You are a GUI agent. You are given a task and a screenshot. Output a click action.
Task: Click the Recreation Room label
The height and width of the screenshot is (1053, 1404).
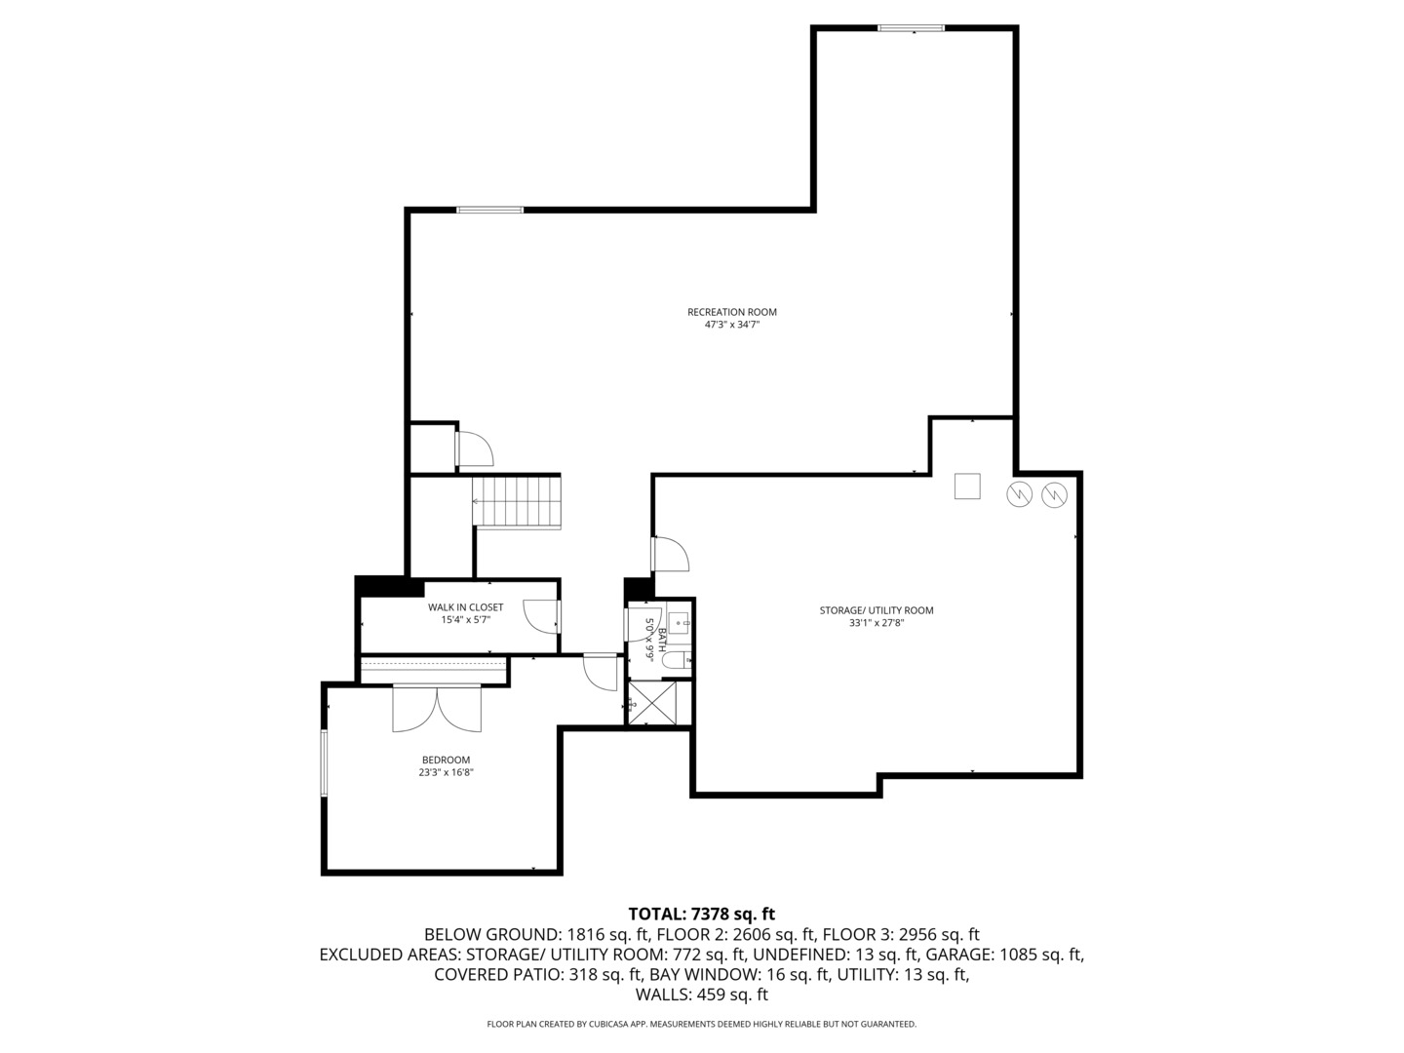click(x=732, y=312)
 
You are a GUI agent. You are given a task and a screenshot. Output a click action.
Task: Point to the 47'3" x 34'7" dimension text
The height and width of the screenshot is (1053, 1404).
click(x=732, y=324)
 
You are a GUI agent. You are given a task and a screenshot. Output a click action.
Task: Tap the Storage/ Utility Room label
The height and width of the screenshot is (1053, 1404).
click(x=877, y=610)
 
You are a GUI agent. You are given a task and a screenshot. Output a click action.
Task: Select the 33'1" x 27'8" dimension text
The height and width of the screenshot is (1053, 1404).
click(x=877, y=623)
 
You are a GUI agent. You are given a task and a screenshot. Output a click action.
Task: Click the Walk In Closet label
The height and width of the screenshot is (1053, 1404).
click(x=466, y=607)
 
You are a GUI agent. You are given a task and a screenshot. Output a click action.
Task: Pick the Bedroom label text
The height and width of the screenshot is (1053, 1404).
click(x=446, y=760)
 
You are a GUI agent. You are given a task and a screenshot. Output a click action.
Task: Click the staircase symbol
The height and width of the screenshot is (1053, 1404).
click(x=517, y=502)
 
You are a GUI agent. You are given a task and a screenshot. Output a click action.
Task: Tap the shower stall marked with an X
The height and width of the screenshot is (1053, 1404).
click(x=652, y=703)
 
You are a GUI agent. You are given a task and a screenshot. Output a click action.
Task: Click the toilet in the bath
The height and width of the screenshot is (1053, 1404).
click(x=676, y=660)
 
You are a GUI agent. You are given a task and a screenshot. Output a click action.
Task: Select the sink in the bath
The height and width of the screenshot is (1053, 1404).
click(x=679, y=621)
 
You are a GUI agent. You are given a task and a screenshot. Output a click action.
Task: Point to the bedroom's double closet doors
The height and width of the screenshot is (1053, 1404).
click(x=437, y=709)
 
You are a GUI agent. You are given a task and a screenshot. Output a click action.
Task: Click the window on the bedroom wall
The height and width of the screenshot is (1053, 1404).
click(x=324, y=763)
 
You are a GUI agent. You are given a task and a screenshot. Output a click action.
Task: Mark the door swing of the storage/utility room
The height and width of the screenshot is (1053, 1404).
click(x=671, y=554)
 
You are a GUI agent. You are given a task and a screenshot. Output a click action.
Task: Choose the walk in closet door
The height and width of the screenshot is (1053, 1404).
click(x=542, y=616)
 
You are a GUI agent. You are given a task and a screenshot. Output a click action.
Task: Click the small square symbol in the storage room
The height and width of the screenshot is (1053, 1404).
click(x=967, y=486)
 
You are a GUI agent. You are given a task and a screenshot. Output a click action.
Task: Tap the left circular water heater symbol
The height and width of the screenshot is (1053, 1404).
click(x=1019, y=494)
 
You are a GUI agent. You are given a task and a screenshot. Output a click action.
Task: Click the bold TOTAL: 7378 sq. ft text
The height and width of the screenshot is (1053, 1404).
click(x=702, y=914)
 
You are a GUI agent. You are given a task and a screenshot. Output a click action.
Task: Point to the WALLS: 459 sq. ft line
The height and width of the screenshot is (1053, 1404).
click(x=702, y=994)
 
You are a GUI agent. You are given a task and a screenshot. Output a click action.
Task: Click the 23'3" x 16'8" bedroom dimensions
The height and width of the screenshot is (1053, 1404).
click(x=446, y=772)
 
